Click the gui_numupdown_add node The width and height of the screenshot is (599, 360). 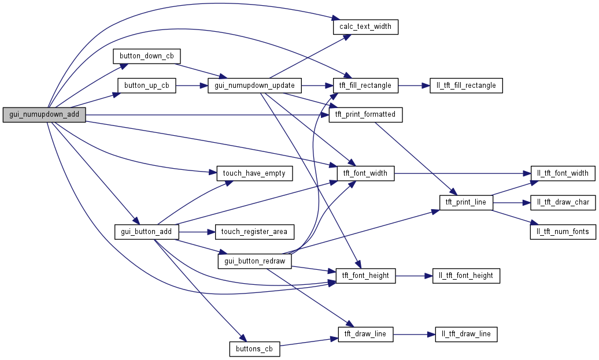click(x=44, y=114)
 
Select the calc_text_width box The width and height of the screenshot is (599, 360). click(x=365, y=27)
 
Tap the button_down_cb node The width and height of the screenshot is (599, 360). click(x=147, y=56)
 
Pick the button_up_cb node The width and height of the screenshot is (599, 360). click(x=147, y=86)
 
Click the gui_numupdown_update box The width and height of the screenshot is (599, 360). click(x=254, y=86)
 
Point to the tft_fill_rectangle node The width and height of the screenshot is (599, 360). click(x=365, y=86)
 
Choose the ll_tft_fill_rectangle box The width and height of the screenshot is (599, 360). click(x=466, y=86)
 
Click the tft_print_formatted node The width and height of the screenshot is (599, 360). click(x=365, y=114)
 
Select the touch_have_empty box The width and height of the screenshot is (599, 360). click(x=254, y=173)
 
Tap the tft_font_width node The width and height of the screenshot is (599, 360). click(x=365, y=173)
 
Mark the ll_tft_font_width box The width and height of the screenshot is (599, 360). click(x=563, y=173)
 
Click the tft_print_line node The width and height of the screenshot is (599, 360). click(x=466, y=203)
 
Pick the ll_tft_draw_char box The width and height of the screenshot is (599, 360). click(x=563, y=203)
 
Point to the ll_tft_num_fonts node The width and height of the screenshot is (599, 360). click(x=563, y=232)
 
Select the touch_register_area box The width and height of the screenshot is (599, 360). click(x=254, y=232)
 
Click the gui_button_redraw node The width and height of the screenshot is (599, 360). click(x=254, y=261)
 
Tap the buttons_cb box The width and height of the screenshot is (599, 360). click(x=254, y=349)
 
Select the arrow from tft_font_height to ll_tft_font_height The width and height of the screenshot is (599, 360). click(x=414, y=276)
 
